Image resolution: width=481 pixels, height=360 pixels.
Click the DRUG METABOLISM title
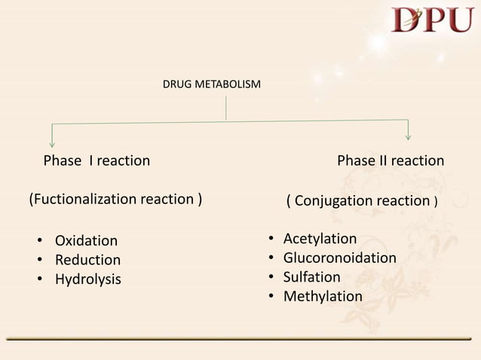[x=212, y=84]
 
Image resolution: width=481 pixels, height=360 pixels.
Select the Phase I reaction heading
[x=97, y=160]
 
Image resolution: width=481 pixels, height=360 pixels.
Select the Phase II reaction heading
[x=390, y=160]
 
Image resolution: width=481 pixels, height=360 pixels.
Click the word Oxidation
[x=86, y=241]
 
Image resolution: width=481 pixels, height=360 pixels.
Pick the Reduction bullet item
[x=87, y=260]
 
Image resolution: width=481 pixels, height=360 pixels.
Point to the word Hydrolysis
[x=87, y=279]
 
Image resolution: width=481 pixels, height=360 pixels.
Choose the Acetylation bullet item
[x=320, y=239]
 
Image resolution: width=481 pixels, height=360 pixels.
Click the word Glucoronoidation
[x=339, y=258]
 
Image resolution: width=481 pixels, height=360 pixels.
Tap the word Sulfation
[x=312, y=277]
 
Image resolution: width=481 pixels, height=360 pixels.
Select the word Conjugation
[x=331, y=201]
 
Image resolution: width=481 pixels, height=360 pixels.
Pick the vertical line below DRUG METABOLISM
[x=226, y=109]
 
